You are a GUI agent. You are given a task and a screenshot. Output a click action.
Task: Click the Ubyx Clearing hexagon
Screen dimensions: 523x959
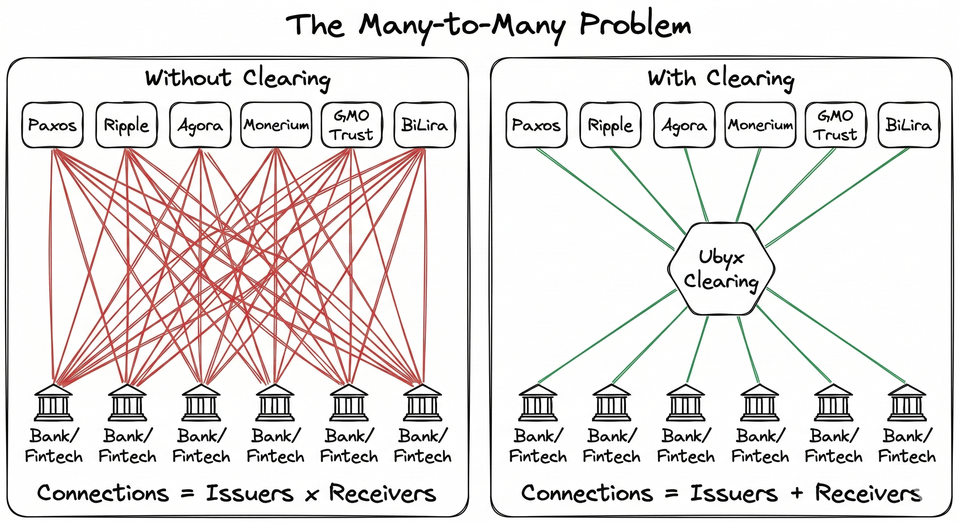click(721, 269)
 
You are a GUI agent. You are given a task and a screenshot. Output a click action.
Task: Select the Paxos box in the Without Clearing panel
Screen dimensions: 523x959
click(52, 125)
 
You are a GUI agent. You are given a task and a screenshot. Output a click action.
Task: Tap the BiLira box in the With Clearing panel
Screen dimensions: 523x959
click(908, 125)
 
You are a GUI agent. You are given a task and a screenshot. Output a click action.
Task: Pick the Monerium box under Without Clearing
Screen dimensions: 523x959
click(276, 125)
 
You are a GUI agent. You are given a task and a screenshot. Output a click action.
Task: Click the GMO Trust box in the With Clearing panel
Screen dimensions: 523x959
click(835, 125)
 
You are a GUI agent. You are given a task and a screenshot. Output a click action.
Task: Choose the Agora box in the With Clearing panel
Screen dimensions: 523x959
click(684, 125)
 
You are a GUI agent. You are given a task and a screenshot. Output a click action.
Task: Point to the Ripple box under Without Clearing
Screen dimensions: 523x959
click(126, 125)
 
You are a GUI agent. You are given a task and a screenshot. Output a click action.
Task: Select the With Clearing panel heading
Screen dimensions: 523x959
click(721, 79)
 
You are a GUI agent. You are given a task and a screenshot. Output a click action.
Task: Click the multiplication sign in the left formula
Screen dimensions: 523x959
click(311, 495)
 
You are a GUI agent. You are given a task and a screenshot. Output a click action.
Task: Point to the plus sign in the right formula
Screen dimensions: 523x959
click(796, 494)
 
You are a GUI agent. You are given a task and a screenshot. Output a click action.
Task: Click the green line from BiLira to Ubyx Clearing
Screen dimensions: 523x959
click(838, 197)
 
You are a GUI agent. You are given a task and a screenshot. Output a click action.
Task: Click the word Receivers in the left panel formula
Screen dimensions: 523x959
click(382, 493)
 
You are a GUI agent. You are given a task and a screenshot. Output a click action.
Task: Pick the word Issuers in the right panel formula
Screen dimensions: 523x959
click(734, 493)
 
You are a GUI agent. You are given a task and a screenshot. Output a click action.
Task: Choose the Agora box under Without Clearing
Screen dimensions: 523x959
click(200, 125)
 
